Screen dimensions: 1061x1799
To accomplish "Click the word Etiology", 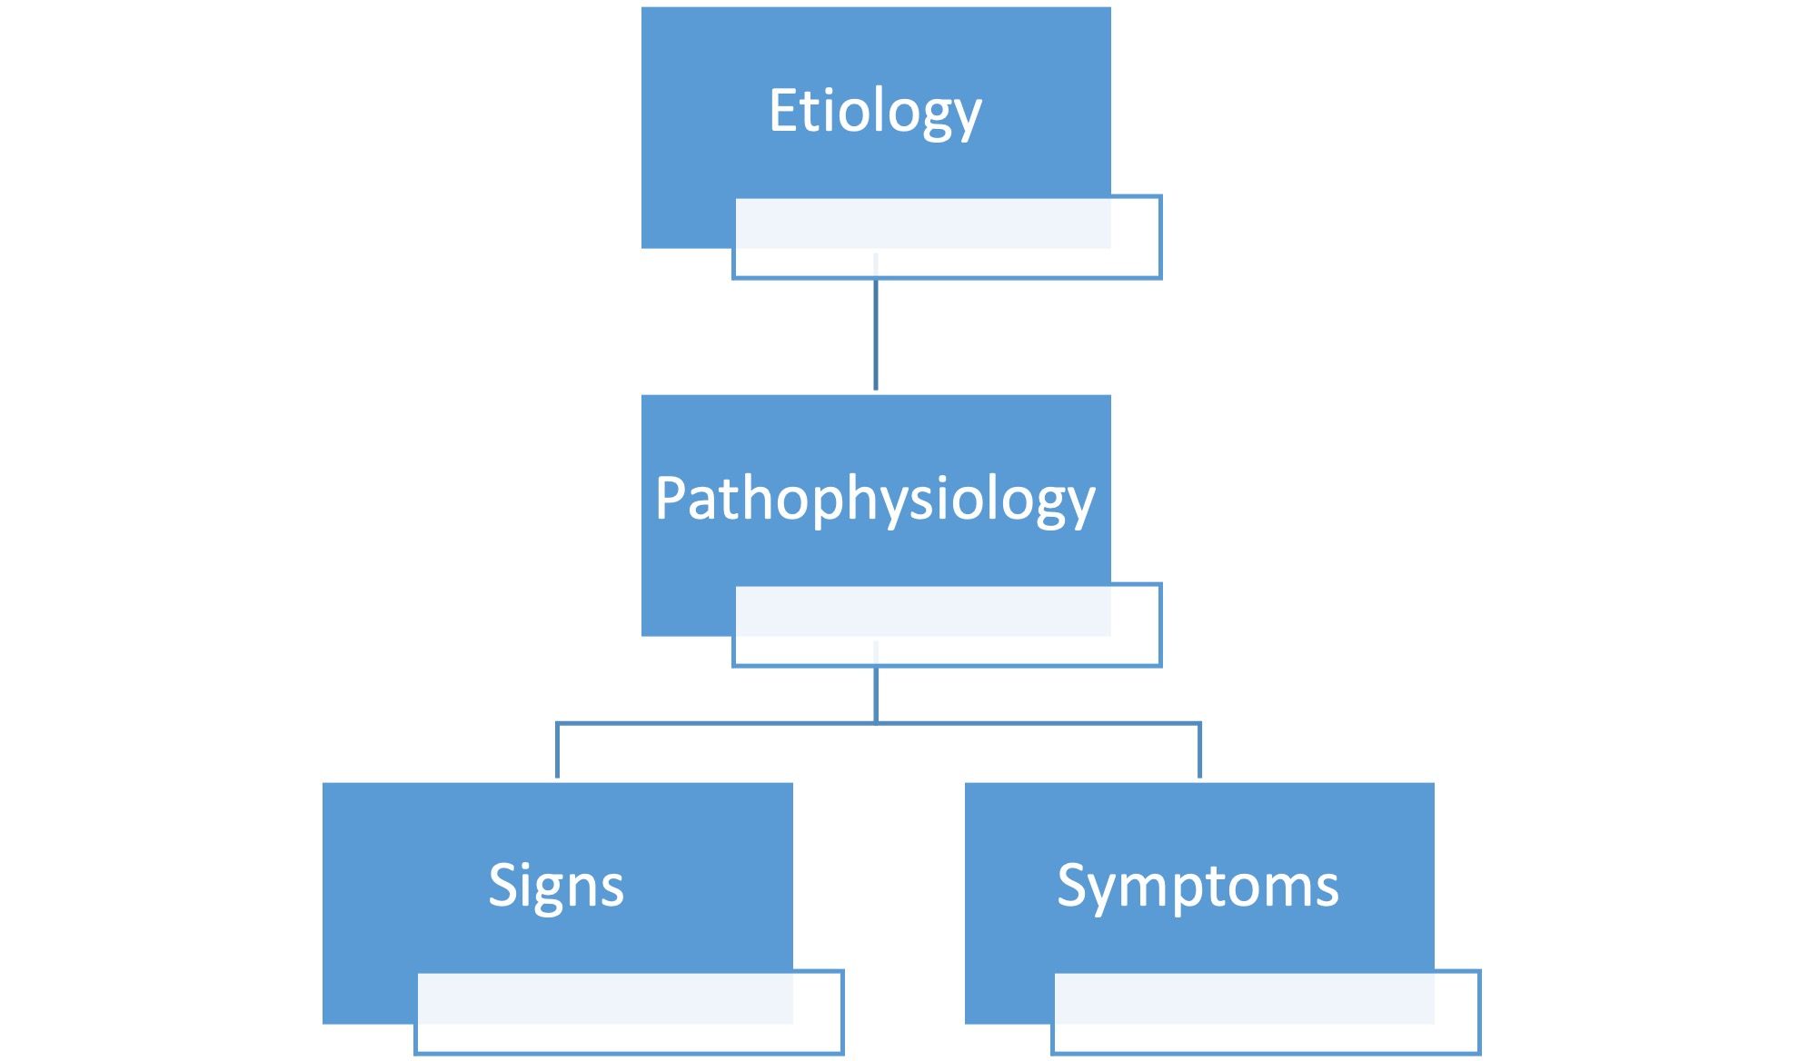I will pos(875,111).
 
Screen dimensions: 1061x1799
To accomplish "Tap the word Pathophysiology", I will pos(875,499).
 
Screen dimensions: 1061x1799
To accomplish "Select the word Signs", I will pos(556,885).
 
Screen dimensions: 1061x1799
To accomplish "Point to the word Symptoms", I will pos(1198,885).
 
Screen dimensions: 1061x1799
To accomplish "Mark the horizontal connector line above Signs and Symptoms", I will pos(727,724).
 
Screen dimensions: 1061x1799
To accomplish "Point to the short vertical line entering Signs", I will pos(557,752).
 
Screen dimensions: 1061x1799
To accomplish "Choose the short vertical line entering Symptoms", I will pos(1199,752).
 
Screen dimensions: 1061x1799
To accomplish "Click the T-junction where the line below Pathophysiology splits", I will pos(876,723).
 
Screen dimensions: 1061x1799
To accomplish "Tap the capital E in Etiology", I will pos(783,111).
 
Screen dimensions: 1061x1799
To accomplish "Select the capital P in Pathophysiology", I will pos(671,499).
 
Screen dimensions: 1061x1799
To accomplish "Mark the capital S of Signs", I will pos(503,885).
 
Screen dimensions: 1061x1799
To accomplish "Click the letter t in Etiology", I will pos(811,111).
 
